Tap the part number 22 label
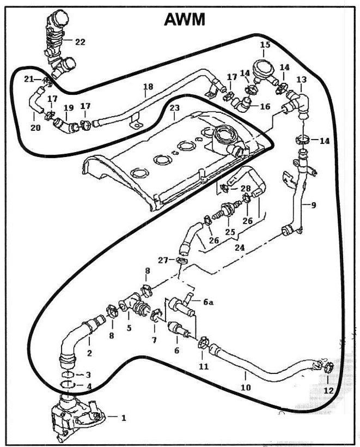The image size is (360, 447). (x=80, y=42)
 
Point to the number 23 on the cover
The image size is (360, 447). (x=174, y=109)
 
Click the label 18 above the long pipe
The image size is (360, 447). (x=148, y=87)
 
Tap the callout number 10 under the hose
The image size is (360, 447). (x=246, y=388)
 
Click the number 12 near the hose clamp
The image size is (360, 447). (x=328, y=390)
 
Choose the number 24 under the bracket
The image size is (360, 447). (x=240, y=247)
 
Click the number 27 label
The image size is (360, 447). (x=163, y=261)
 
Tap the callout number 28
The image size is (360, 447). (x=245, y=189)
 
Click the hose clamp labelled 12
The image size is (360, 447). (x=328, y=369)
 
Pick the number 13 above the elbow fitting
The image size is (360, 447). (x=301, y=80)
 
